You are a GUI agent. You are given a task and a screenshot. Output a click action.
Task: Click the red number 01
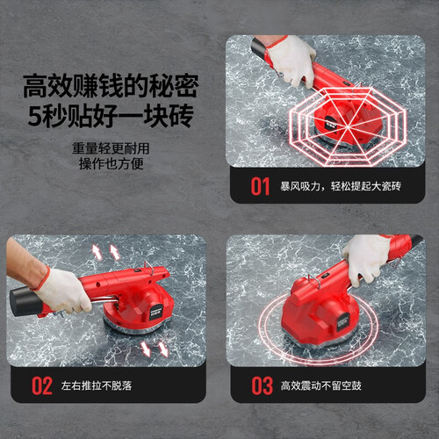tap(260, 186)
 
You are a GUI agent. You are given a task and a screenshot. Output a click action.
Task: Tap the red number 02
tap(42, 385)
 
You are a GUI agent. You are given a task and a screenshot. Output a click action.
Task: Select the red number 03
tap(262, 385)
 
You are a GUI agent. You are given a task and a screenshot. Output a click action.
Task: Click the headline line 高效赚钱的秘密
tap(111, 86)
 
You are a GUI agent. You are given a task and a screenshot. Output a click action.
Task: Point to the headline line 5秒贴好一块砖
tap(111, 116)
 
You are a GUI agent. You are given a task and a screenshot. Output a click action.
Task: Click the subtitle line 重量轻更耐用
tap(111, 148)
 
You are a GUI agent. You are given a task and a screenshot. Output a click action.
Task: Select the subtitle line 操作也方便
tap(111, 163)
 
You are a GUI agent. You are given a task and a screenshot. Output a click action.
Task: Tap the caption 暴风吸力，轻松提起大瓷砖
tap(341, 186)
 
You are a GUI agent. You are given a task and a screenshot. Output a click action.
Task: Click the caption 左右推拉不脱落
tap(97, 385)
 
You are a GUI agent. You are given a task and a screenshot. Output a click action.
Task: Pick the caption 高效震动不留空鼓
tap(321, 385)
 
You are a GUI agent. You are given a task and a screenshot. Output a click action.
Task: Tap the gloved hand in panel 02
tap(62, 291)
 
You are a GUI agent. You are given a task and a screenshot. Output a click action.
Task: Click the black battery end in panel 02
tap(25, 302)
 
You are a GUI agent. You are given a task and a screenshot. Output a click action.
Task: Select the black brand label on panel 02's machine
tap(156, 311)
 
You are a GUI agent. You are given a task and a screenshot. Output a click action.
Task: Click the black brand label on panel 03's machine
tap(342, 322)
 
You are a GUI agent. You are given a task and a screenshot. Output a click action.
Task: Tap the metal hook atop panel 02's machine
tap(148, 268)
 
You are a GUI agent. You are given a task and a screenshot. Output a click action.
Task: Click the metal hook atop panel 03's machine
tap(314, 281)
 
